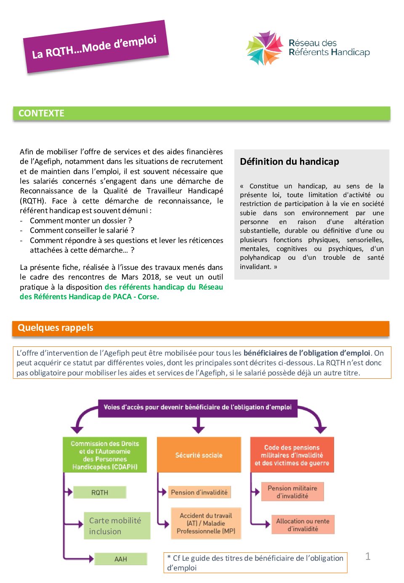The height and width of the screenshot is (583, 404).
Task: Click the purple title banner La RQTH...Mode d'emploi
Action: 96,47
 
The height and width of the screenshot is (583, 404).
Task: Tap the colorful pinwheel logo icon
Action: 264,48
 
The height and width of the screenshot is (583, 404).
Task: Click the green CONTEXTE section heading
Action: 41,113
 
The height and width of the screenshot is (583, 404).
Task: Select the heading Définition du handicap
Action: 290,162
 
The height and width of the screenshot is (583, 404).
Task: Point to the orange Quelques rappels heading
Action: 55,328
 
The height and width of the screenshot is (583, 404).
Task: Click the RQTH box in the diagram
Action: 100,492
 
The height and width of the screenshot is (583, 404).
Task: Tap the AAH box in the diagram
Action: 121,559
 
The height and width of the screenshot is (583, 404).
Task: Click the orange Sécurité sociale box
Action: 199,455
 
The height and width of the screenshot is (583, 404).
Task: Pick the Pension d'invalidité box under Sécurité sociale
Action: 199,492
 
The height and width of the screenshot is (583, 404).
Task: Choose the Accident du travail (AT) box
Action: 206,523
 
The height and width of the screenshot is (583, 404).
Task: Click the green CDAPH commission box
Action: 105,455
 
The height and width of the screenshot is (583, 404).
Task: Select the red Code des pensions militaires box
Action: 292,455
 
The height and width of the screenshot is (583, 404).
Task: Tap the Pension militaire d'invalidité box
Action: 292,492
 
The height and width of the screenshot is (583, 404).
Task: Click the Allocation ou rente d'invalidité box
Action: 303,525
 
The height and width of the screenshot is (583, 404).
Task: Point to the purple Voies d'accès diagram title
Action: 198,407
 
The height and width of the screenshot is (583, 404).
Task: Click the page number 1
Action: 368,556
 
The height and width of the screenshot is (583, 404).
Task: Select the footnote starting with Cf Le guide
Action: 255,562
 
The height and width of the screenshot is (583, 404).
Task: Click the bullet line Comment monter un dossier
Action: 80,221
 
